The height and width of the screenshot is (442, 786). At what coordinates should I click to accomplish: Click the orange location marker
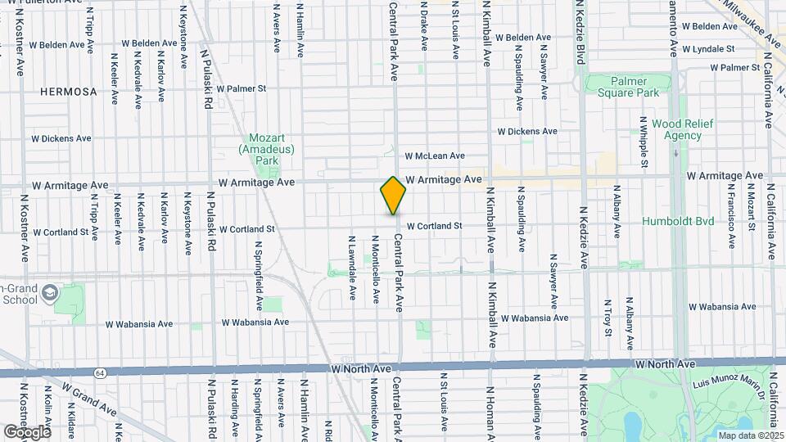coord(394,195)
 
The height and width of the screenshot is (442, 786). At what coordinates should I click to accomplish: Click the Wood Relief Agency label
coord(683,129)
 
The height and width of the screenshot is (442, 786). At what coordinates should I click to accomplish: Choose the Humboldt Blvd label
coord(679,221)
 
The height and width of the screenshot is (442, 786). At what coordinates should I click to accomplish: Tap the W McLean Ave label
coord(434,156)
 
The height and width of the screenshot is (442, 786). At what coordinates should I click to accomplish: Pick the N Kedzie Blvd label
coord(582,33)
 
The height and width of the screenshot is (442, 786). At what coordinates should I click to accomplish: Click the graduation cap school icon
coord(51,292)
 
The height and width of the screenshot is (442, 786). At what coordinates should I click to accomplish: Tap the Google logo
coord(27,431)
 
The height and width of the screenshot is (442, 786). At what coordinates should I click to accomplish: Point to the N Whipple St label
coord(644,142)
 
